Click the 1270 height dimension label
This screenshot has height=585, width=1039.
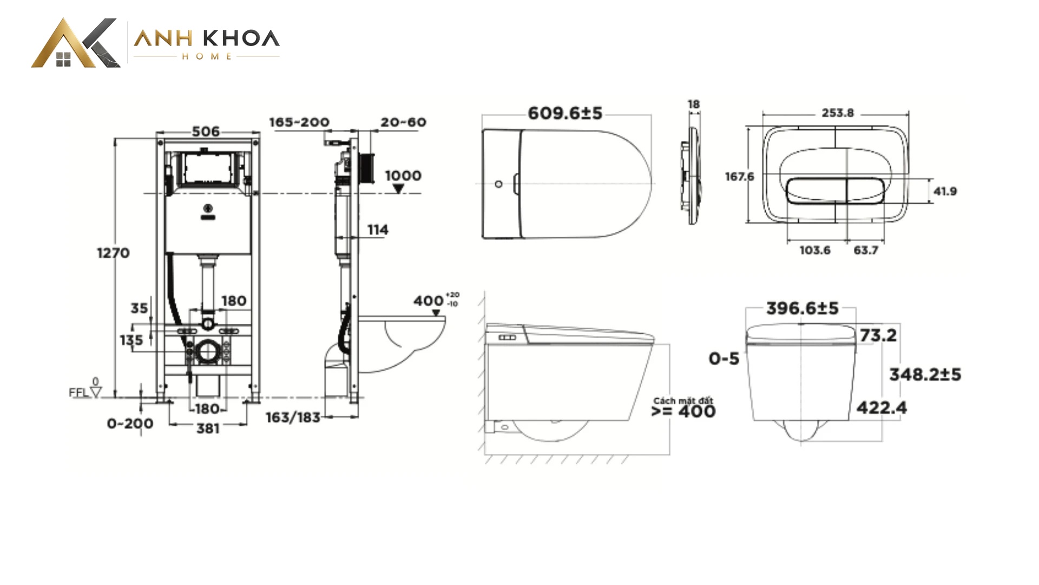click(113, 253)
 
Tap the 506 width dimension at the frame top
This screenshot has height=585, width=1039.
click(206, 132)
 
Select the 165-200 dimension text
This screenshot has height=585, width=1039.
click(299, 122)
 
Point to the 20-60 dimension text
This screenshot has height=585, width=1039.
click(403, 122)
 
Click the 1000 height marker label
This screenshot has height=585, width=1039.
click(403, 175)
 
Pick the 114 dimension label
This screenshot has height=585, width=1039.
click(378, 230)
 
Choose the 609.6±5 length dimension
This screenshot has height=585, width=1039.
click(565, 113)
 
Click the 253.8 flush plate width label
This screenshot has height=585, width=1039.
click(838, 113)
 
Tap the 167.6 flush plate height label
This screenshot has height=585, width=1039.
click(739, 177)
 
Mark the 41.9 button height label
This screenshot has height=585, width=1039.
click(945, 191)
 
